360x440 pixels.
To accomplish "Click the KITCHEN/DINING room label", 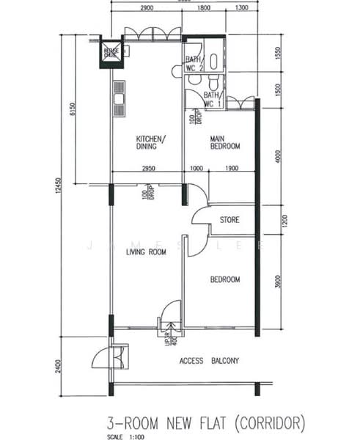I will click(150, 142).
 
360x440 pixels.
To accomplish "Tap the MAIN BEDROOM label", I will click(225, 142).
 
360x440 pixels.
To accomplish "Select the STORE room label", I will click(229, 220).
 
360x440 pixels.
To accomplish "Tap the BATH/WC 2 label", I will click(194, 64).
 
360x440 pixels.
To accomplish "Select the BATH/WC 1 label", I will click(213, 100).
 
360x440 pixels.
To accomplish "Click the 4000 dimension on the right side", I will click(277, 156).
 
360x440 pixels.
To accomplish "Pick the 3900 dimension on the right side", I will click(277, 282).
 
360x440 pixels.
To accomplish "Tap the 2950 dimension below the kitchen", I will click(150, 169).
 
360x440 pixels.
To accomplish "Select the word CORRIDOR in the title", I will click(268, 423).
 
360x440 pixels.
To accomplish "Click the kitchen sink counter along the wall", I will click(118, 98).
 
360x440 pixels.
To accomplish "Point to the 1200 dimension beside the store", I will click(277, 220).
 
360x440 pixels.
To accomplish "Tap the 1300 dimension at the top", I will click(240, 8).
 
